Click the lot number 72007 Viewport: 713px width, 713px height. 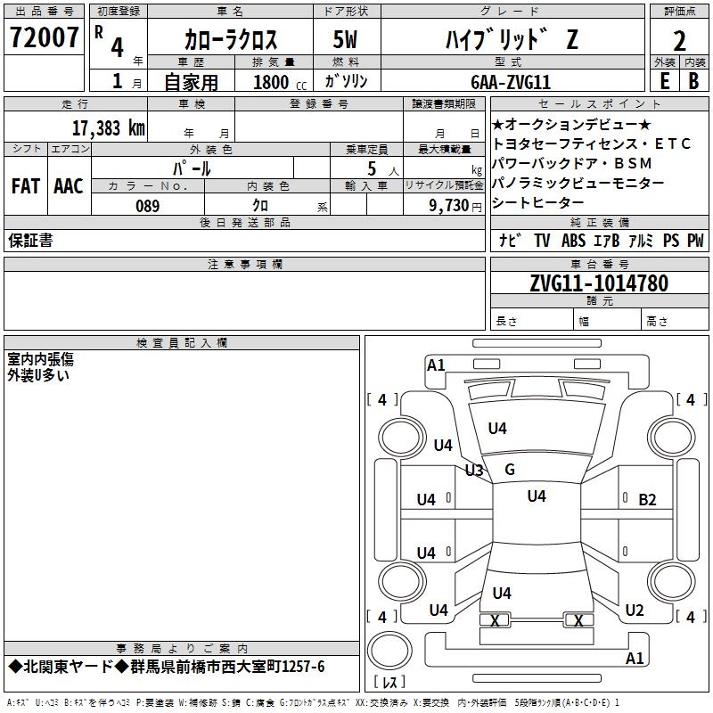coord(45,37)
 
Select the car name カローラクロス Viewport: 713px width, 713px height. coord(231,39)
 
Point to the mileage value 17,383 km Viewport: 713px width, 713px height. coord(107,127)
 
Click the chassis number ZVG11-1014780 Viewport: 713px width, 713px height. coord(598,284)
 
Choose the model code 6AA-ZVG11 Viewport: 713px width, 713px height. coord(510,82)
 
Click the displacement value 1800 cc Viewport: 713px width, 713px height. coord(277,82)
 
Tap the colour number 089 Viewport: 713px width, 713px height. coord(147,206)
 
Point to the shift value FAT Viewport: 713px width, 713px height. coord(25,186)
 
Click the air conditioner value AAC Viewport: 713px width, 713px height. coord(68,186)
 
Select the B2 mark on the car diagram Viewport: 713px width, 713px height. coord(647,500)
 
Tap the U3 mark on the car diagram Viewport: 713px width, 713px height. coord(473,471)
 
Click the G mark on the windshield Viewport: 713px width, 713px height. coord(510,470)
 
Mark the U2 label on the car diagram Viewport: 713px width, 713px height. coord(634,611)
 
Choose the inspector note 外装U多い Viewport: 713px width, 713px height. coord(38,375)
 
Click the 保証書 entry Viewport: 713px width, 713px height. coord(30,241)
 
